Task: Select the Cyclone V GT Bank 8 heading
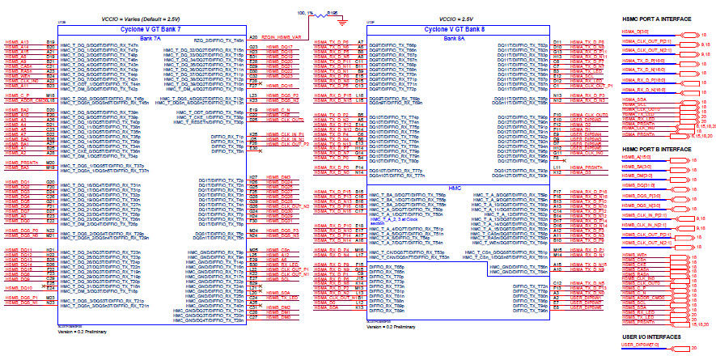[459, 29]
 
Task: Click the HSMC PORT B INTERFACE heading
[656, 150]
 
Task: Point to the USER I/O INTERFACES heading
[650, 336]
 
